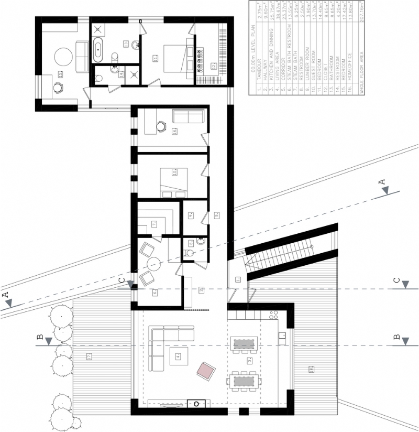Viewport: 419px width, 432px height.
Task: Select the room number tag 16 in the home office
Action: point(173,131)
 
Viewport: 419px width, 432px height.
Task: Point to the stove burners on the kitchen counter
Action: point(273,315)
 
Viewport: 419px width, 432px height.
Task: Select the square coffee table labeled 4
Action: point(178,358)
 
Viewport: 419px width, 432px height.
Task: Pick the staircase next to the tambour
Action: point(283,256)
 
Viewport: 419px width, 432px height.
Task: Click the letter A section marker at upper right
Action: point(382,181)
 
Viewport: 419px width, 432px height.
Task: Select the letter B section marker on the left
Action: point(39,337)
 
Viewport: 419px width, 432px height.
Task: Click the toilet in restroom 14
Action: point(99,78)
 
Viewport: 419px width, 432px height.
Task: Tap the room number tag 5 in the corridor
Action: point(216,214)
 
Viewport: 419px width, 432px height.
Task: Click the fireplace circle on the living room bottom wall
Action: point(197,404)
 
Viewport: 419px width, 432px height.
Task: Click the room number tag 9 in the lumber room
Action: point(191,215)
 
